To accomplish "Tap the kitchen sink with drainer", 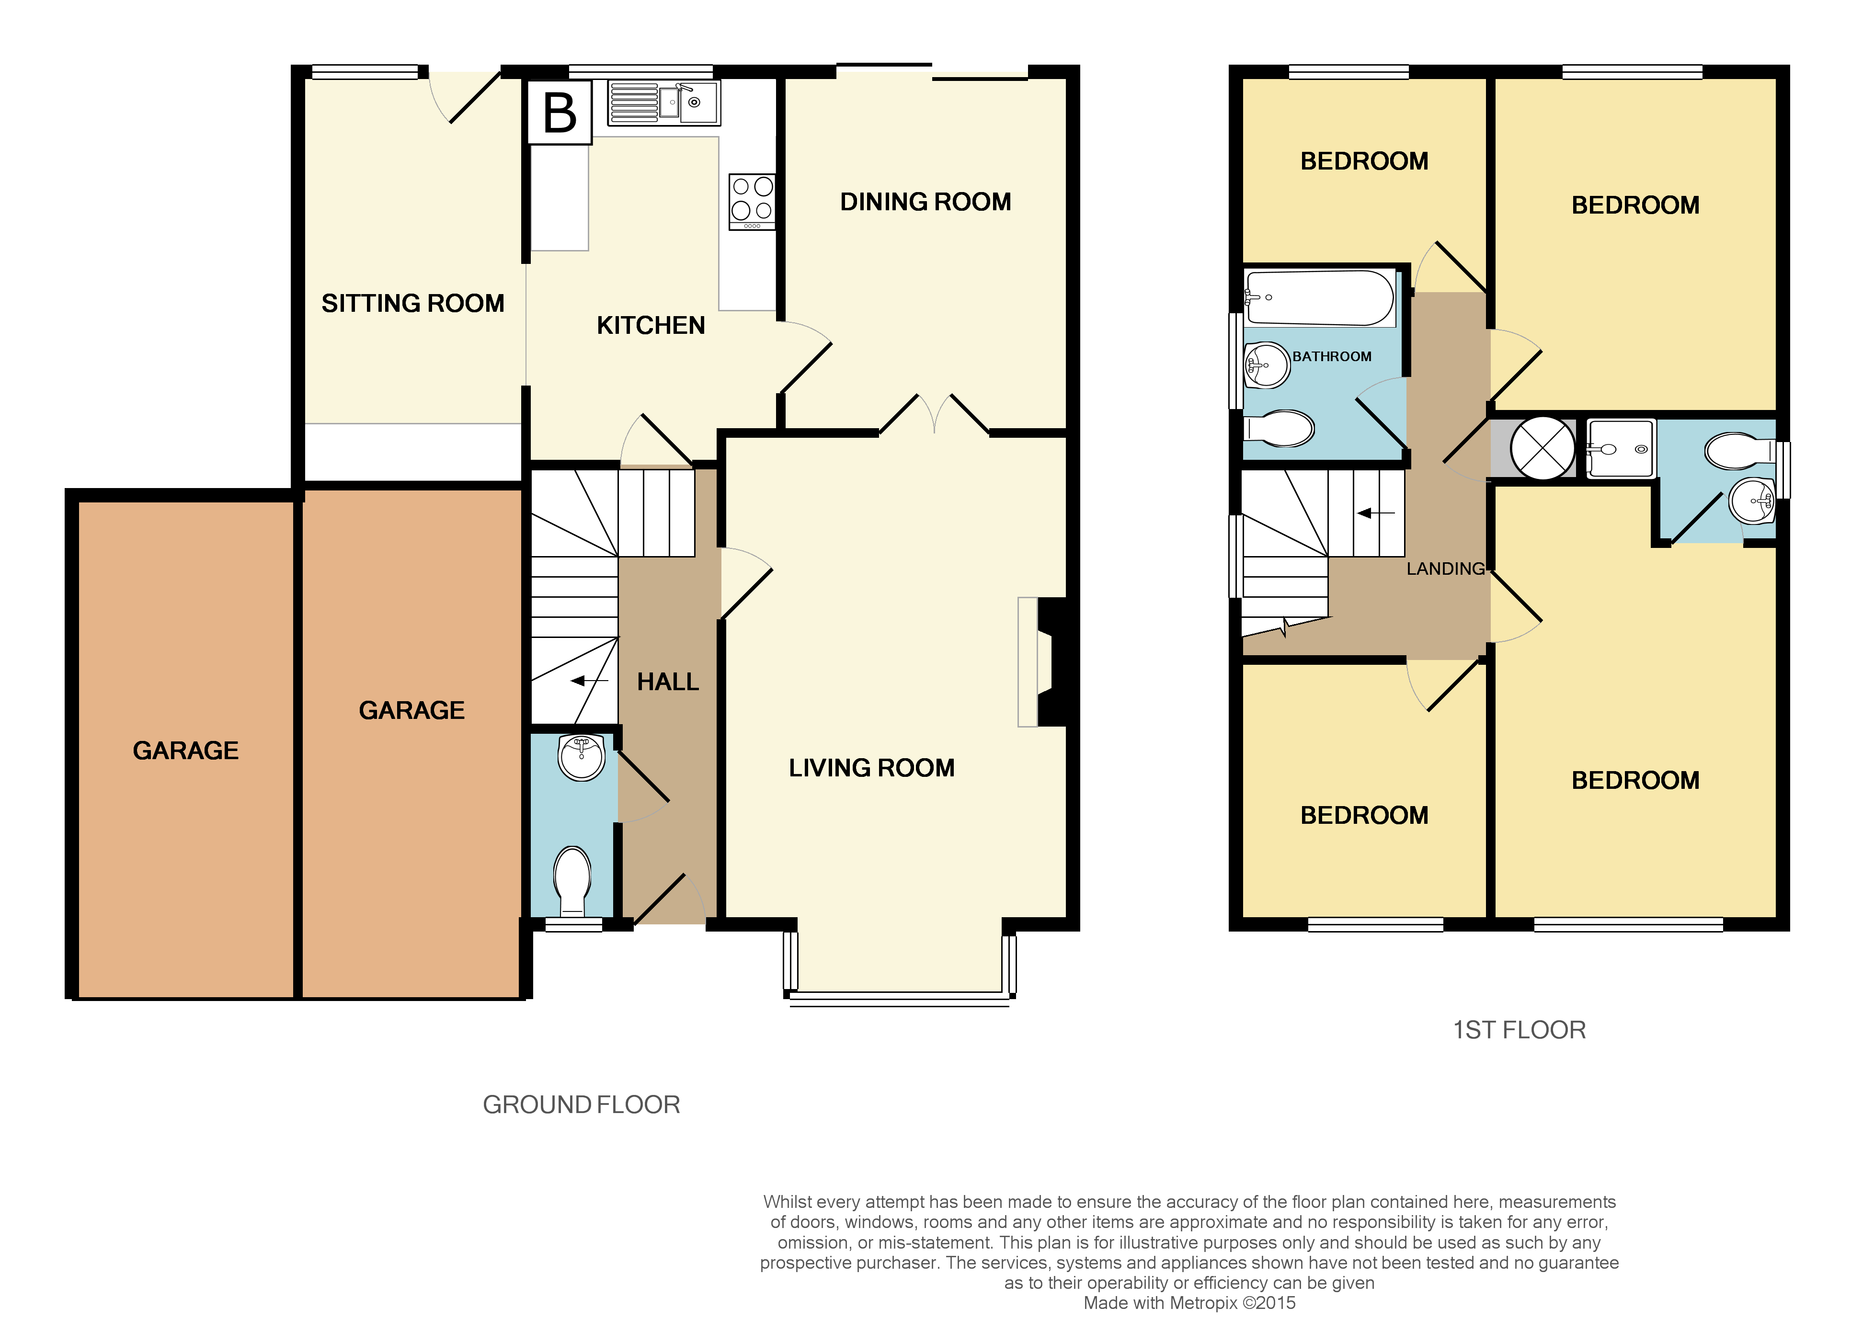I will coord(663,103).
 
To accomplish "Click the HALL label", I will coord(668,682).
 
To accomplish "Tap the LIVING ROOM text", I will coord(871,768).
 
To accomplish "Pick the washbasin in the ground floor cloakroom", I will coord(581,756).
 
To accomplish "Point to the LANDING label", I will coord(1445,569).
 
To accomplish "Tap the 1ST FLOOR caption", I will coord(1519,1030).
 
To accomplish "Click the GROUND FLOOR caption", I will coord(581,1104).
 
